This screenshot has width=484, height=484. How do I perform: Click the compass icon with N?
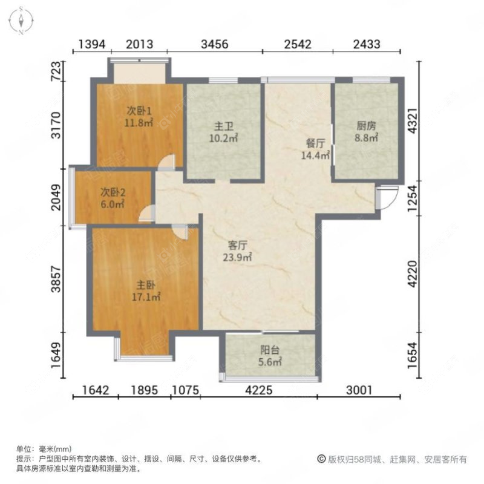click(21, 20)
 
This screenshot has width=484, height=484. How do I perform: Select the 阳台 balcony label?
click(270, 350)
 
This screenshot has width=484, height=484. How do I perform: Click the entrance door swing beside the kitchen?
click(386, 197)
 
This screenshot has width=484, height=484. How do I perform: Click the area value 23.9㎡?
click(240, 257)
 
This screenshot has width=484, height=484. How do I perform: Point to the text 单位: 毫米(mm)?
click(44, 449)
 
